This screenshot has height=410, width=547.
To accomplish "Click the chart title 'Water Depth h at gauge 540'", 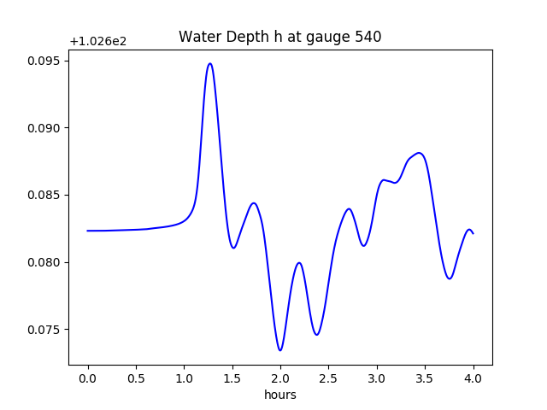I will tap(279, 37).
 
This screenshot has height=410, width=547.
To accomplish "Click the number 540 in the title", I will tap(368, 37).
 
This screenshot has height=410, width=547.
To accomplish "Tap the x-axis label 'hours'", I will tap(279, 395).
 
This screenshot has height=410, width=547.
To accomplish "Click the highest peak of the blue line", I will tap(209, 63).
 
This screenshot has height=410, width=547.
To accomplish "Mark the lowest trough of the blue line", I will tap(280, 350).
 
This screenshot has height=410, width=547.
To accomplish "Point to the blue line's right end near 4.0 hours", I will tap(473, 233).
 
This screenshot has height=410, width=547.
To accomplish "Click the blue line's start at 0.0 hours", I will tap(88, 231).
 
